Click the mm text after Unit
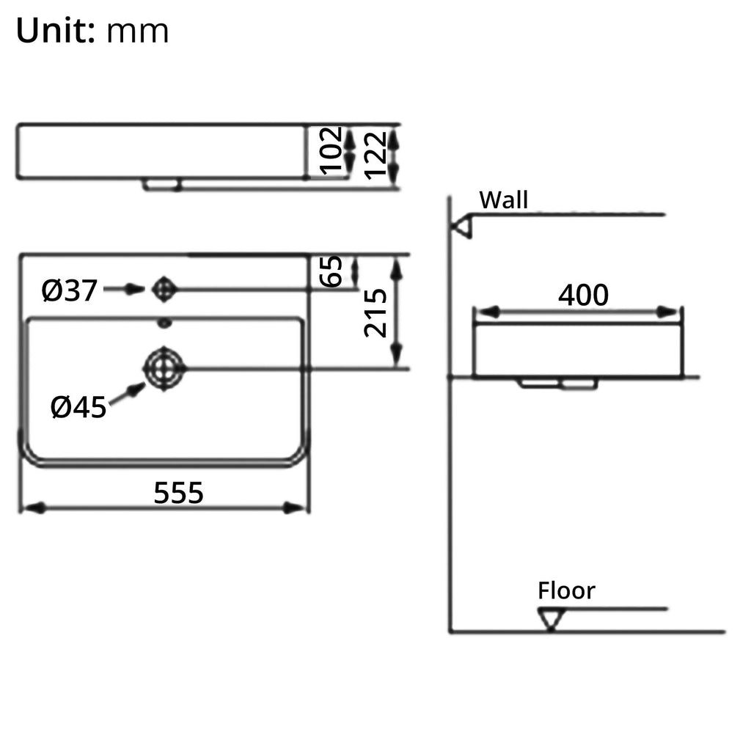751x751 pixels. (138, 32)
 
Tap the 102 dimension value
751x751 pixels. (332, 150)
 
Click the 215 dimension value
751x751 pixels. (376, 312)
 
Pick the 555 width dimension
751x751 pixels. (178, 493)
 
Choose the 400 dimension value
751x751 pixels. (583, 295)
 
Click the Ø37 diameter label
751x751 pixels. (69, 291)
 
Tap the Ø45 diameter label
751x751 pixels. (78, 407)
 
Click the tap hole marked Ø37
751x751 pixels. (164, 290)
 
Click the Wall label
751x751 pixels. (503, 199)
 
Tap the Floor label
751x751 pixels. (566, 591)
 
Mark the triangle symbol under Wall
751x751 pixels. (462, 227)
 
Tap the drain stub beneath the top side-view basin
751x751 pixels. (162, 185)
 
